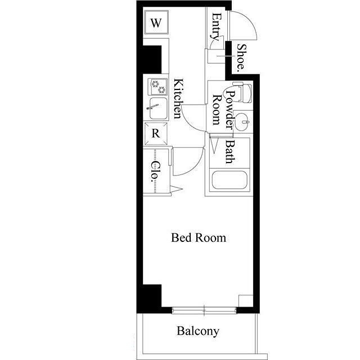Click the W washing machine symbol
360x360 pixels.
click(156, 22)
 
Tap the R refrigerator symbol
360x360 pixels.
click(156, 134)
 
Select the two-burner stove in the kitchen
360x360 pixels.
click(157, 87)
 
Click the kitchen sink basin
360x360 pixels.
click(158, 109)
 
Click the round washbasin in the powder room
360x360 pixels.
click(244, 121)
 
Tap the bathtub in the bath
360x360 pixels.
click(229, 179)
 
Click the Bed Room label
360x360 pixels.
click(199, 238)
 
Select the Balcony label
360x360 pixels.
click(198, 331)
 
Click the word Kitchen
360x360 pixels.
click(178, 98)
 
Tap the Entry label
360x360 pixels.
click(216, 27)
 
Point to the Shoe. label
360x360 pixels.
click(241, 57)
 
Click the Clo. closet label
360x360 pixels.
click(156, 172)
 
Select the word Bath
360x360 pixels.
click(230, 152)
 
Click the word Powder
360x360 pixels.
click(230, 110)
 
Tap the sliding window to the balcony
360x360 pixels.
click(204, 310)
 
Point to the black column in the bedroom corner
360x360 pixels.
click(152, 298)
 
